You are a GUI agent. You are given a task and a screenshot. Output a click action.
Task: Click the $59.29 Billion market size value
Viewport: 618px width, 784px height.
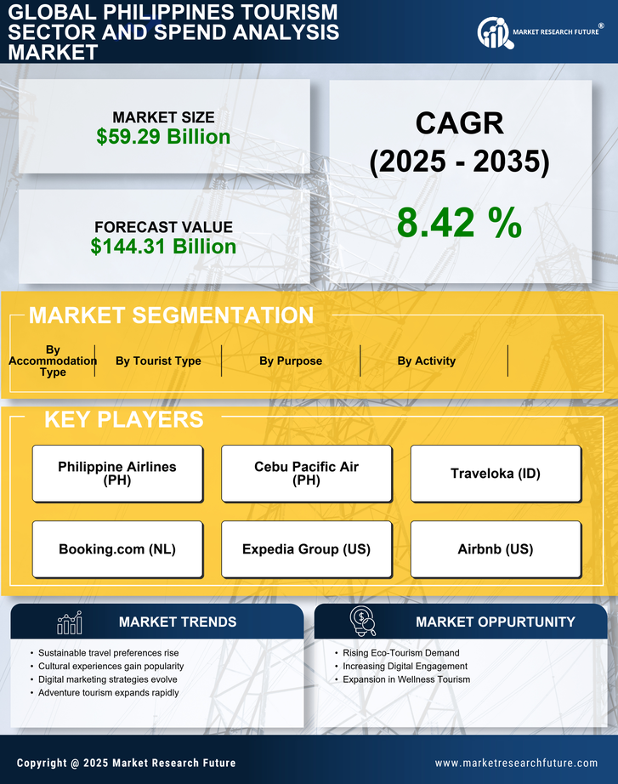click(163, 137)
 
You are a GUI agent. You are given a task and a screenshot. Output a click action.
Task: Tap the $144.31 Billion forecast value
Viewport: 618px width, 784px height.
click(163, 247)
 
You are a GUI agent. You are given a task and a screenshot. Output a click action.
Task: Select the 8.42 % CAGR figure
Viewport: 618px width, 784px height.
click(459, 223)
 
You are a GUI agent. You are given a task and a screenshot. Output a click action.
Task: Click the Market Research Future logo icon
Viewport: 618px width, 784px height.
click(493, 33)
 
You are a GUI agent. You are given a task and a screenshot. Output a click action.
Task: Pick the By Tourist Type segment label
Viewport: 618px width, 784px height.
click(158, 361)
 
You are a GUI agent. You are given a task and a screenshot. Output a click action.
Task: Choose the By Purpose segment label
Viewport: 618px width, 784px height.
click(291, 361)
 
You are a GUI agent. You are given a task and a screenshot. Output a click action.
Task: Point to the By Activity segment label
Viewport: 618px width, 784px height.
click(426, 361)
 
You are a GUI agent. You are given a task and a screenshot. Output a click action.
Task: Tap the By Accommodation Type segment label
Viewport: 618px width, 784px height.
click(53, 361)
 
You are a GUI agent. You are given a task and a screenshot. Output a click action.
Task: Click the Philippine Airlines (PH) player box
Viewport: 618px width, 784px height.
click(117, 474)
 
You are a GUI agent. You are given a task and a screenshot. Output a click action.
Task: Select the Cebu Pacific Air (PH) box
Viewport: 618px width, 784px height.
click(306, 474)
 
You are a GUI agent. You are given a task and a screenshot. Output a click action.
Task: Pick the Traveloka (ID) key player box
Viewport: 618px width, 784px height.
click(496, 474)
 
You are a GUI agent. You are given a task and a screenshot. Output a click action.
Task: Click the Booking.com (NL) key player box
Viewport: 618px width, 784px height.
click(117, 549)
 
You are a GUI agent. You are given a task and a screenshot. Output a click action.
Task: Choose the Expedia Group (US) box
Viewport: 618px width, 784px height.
click(306, 549)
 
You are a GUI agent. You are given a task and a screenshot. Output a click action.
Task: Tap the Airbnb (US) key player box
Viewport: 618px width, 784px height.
click(496, 549)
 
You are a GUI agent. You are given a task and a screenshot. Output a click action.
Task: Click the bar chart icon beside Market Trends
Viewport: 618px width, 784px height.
click(69, 622)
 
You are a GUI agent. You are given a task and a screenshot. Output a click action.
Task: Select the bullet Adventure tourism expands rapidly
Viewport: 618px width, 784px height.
click(109, 693)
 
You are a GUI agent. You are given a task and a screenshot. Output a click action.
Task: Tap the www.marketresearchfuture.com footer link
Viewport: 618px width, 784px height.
click(516, 763)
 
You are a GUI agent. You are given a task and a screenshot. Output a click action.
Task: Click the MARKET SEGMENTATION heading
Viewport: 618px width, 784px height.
click(171, 315)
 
